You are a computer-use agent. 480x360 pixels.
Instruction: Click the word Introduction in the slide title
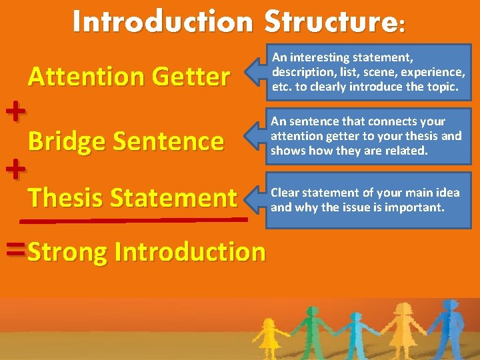[163, 22]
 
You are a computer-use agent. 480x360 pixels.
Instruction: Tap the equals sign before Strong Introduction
[15, 250]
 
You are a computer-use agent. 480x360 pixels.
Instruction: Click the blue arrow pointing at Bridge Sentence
[255, 136]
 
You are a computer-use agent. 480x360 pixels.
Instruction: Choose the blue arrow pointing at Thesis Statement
[255, 199]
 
